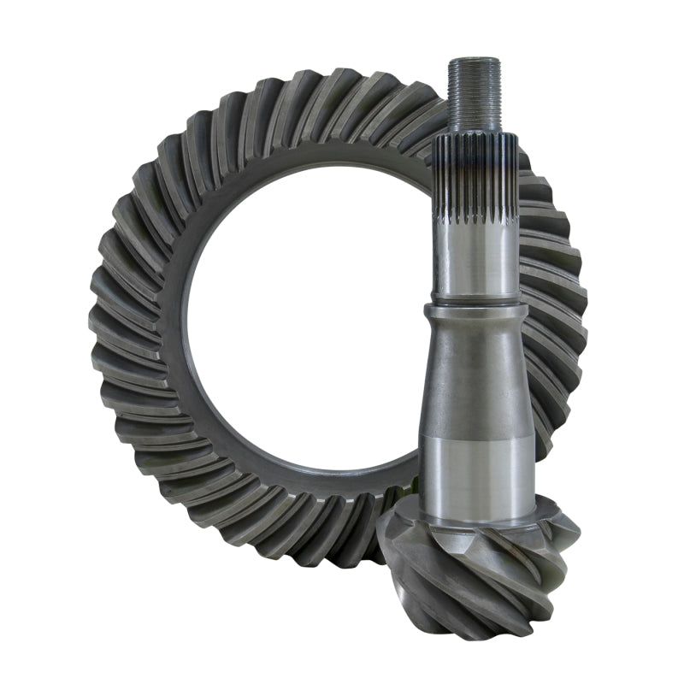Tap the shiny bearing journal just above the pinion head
476,479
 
